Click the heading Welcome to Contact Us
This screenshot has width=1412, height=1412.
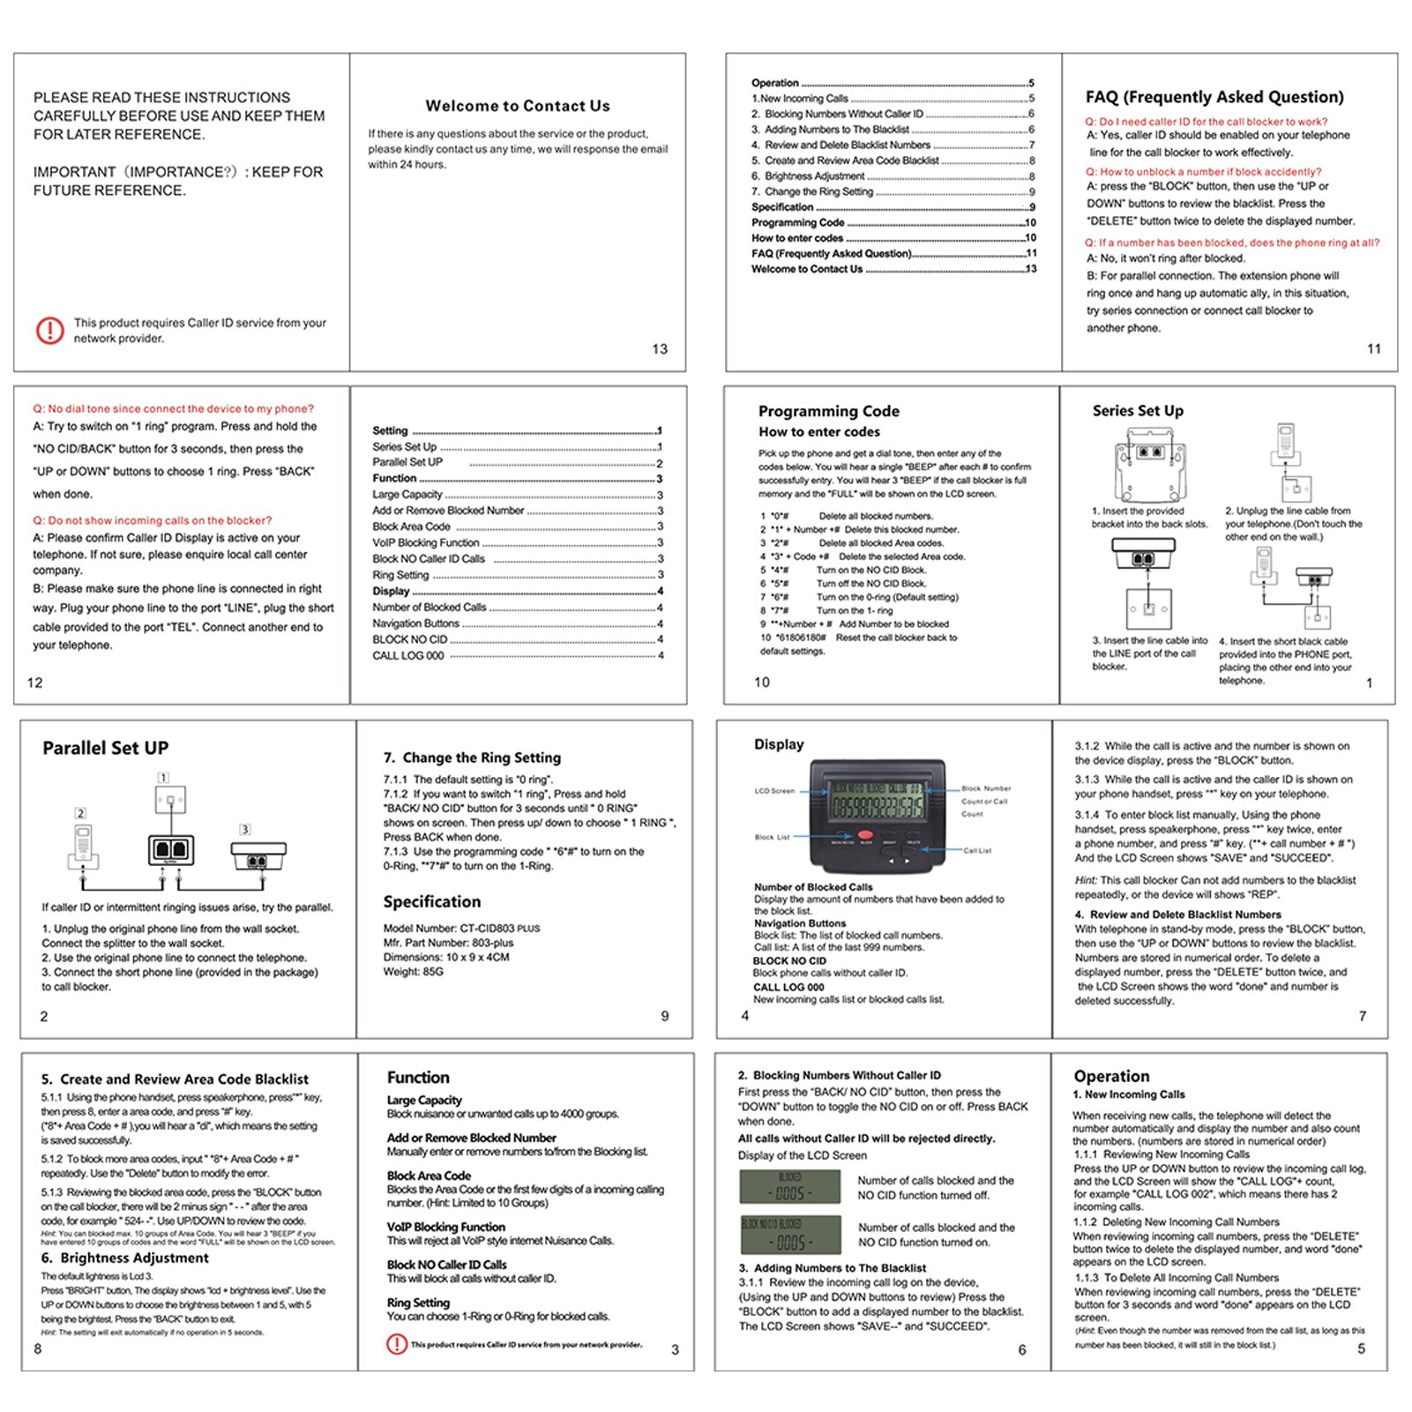(x=518, y=106)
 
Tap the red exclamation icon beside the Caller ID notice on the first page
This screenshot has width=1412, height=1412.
(x=50, y=330)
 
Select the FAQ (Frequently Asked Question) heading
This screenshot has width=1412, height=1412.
(x=1214, y=97)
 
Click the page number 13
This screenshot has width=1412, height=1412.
(x=660, y=349)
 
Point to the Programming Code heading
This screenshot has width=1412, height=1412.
(x=828, y=411)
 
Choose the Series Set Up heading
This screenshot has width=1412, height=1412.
(x=1138, y=410)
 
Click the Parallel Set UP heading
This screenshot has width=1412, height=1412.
(x=106, y=748)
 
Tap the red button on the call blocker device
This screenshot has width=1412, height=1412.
(x=865, y=834)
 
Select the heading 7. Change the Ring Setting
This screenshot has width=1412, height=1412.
(x=472, y=758)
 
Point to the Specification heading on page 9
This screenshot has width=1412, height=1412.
(x=432, y=901)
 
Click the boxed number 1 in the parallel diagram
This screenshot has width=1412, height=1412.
(x=163, y=777)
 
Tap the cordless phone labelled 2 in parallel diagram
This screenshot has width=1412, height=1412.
(x=83, y=845)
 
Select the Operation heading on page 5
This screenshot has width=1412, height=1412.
(x=1111, y=1076)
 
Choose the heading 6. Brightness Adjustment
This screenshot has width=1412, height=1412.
(x=124, y=1258)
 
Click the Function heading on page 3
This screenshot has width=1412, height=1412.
(x=418, y=1077)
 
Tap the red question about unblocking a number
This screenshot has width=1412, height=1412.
(x=1203, y=172)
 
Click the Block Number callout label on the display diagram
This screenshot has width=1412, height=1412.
(x=986, y=788)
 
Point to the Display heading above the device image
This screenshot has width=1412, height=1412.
(x=779, y=744)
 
